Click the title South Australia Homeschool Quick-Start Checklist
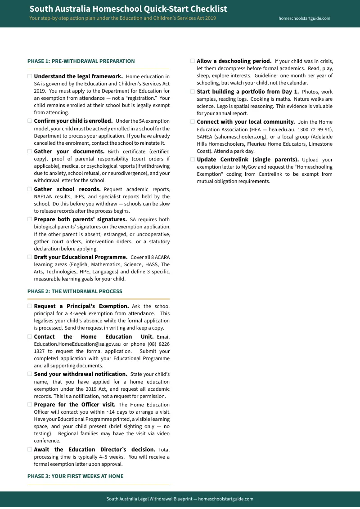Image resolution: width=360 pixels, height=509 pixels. [x=128, y=9]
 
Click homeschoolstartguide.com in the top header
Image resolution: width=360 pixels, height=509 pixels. [x=304, y=18]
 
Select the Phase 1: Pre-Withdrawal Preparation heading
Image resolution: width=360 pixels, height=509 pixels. [x=81, y=61]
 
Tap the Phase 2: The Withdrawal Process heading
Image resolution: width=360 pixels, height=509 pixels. [x=75, y=291]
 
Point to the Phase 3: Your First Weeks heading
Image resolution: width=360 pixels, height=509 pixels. [x=75, y=476]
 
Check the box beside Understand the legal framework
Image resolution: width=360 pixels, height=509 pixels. [x=30, y=76]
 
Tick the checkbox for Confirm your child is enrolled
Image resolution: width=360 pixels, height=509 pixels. [x=30, y=121]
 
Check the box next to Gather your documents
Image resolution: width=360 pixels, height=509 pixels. [x=30, y=152]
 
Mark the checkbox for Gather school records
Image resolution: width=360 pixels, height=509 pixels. [x=30, y=189]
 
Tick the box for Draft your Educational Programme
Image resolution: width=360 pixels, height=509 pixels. [x=30, y=257]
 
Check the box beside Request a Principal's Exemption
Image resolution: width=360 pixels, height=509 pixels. [x=30, y=306]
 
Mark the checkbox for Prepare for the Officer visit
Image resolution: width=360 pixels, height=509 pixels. [x=30, y=405]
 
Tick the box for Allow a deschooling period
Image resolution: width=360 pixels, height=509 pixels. [x=193, y=61]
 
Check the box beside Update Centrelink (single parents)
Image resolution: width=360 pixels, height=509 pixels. [x=193, y=160]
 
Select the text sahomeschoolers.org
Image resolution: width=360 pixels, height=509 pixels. [x=242, y=137]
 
